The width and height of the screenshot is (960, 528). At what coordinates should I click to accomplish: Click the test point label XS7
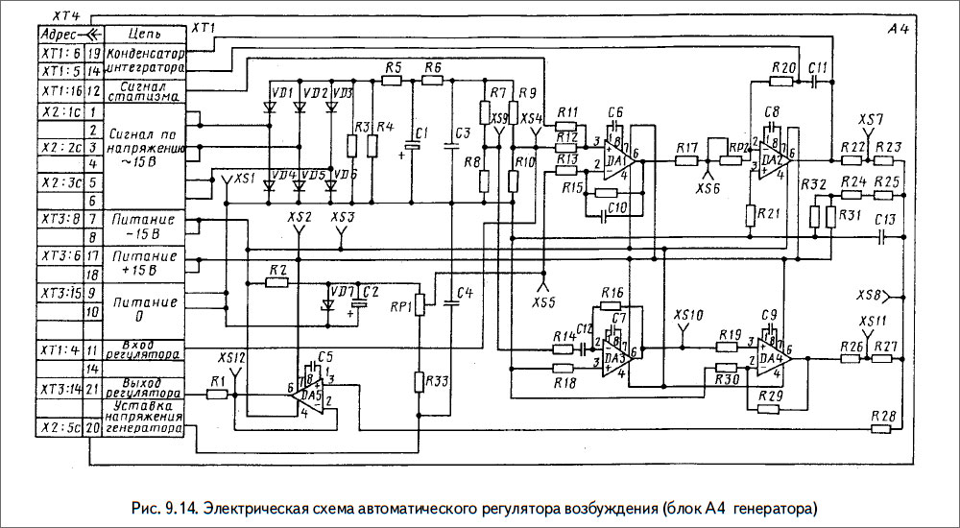871,120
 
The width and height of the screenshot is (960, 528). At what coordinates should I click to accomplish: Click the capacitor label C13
885,220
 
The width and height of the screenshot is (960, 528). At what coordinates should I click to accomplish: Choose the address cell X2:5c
60,429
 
